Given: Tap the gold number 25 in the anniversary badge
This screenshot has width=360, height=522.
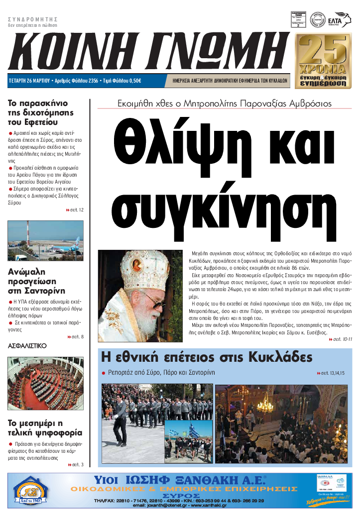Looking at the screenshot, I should tap(321, 50).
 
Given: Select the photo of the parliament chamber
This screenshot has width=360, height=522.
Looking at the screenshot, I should tap(46, 383).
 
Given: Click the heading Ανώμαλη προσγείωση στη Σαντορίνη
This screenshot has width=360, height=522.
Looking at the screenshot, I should tap(37, 281).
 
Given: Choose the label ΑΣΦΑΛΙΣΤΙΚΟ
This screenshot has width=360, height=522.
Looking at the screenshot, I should tap(27, 345).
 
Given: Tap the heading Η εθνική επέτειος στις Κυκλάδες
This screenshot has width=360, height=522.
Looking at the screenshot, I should tap(207, 357).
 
